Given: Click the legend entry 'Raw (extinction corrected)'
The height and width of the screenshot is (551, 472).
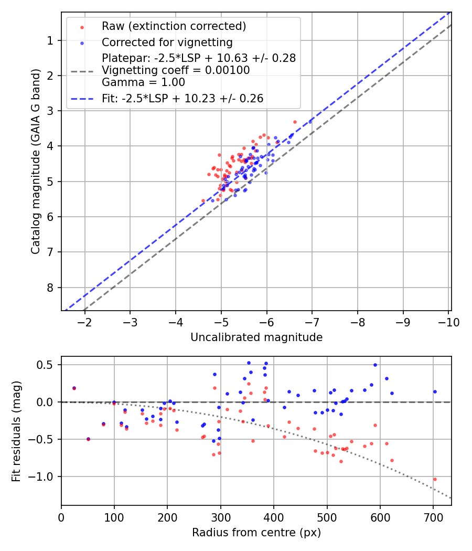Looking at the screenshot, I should [174, 26].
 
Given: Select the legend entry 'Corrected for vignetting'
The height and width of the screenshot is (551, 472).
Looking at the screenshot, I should [167, 42].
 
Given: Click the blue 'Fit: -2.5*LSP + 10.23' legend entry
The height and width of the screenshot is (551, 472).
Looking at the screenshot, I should [182, 98].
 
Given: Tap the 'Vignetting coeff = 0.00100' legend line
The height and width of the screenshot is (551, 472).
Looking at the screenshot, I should [176, 70].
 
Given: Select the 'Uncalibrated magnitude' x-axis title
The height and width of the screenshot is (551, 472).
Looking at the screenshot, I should [256, 337].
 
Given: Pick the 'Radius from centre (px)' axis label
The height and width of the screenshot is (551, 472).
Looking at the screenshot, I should [256, 533].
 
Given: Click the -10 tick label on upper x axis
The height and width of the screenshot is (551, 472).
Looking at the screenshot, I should [448, 322].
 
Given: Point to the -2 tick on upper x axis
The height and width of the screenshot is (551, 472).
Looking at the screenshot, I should [85, 322].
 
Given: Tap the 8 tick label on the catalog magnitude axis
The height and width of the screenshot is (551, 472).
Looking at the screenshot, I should [50, 288].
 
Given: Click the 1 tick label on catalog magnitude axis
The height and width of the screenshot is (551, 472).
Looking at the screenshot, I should [50, 40].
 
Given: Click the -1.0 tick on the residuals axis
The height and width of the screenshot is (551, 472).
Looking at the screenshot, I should [44, 476].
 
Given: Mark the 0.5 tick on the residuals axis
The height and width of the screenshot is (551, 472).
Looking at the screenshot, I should [47, 365].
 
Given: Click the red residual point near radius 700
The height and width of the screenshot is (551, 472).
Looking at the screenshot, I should [435, 479].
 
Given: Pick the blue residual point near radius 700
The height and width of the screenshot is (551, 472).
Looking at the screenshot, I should [435, 391].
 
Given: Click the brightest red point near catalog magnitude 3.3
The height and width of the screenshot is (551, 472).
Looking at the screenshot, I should [295, 122].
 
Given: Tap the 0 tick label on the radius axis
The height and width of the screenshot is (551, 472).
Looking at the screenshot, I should [61, 517].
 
